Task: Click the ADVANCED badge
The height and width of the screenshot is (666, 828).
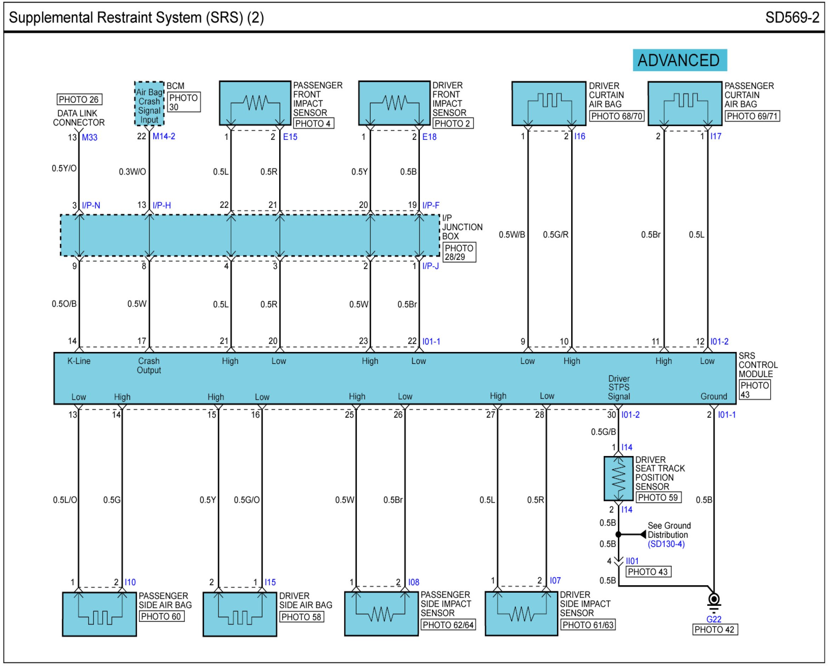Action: pos(680,60)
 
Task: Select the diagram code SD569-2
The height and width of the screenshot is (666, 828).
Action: pos(792,18)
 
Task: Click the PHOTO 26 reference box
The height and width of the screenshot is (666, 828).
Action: pos(79,99)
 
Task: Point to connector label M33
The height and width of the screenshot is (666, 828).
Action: pos(90,137)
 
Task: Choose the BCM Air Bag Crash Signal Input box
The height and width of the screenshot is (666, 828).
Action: pos(149,103)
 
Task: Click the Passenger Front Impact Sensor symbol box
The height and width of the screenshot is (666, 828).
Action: pos(255,103)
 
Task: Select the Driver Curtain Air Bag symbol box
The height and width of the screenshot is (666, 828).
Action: pos(549,103)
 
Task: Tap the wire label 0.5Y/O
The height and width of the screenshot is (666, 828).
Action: pos(64,169)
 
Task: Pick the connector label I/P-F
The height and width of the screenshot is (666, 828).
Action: pos(431,205)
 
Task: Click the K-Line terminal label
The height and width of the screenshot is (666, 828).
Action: pos(79,361)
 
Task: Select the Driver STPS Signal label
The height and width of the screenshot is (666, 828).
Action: pos(619,387)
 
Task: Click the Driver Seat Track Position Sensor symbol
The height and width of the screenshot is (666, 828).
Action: pos(618,478)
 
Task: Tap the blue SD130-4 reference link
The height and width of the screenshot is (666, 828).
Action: pos(666,544)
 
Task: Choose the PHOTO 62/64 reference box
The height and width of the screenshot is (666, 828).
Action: pos(448,625)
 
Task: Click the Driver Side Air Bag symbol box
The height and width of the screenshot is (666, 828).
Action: pos(240,615)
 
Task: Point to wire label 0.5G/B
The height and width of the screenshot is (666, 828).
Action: pos(603,432)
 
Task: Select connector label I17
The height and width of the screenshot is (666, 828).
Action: pos(715,136)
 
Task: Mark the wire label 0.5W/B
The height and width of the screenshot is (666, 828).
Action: pos(512,234)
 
